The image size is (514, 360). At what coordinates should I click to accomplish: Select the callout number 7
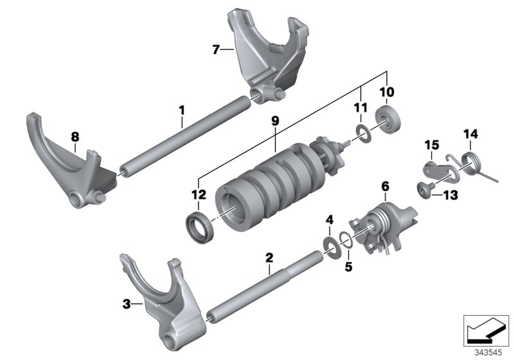[x=216, y=48]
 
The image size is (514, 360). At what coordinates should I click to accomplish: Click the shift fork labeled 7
[x=263, y=55]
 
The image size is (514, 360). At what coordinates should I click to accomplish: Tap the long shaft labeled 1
[x=186, y=136]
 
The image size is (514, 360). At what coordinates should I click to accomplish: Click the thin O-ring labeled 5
[x=346, y=240]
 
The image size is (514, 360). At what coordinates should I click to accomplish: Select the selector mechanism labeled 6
[x=379, y=225]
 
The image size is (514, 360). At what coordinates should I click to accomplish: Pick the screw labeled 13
[x=423, y=190]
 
